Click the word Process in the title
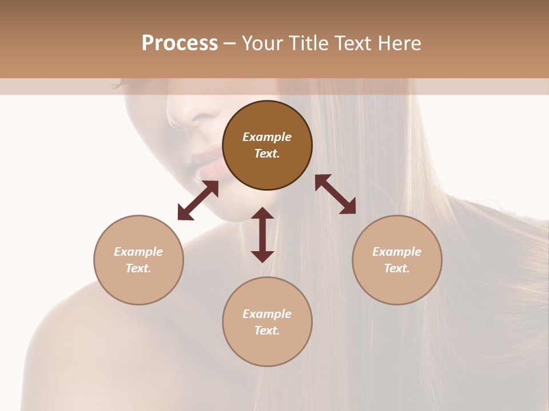[x=180, y=43]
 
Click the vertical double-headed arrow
[x=262, y=235]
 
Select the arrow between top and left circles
[x=198, y=200]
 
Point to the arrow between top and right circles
[x=336, y=194]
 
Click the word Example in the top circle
[x=267, y=137]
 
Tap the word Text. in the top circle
[x=267, y=154]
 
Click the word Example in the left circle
[x=138, y=252]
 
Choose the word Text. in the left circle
[x=138, y=268]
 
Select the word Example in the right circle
[x=397, y=252]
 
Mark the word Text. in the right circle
[x=397, y=268]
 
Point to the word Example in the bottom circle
[x=267, y=314]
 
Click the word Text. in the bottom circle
[x=267, y=331]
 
